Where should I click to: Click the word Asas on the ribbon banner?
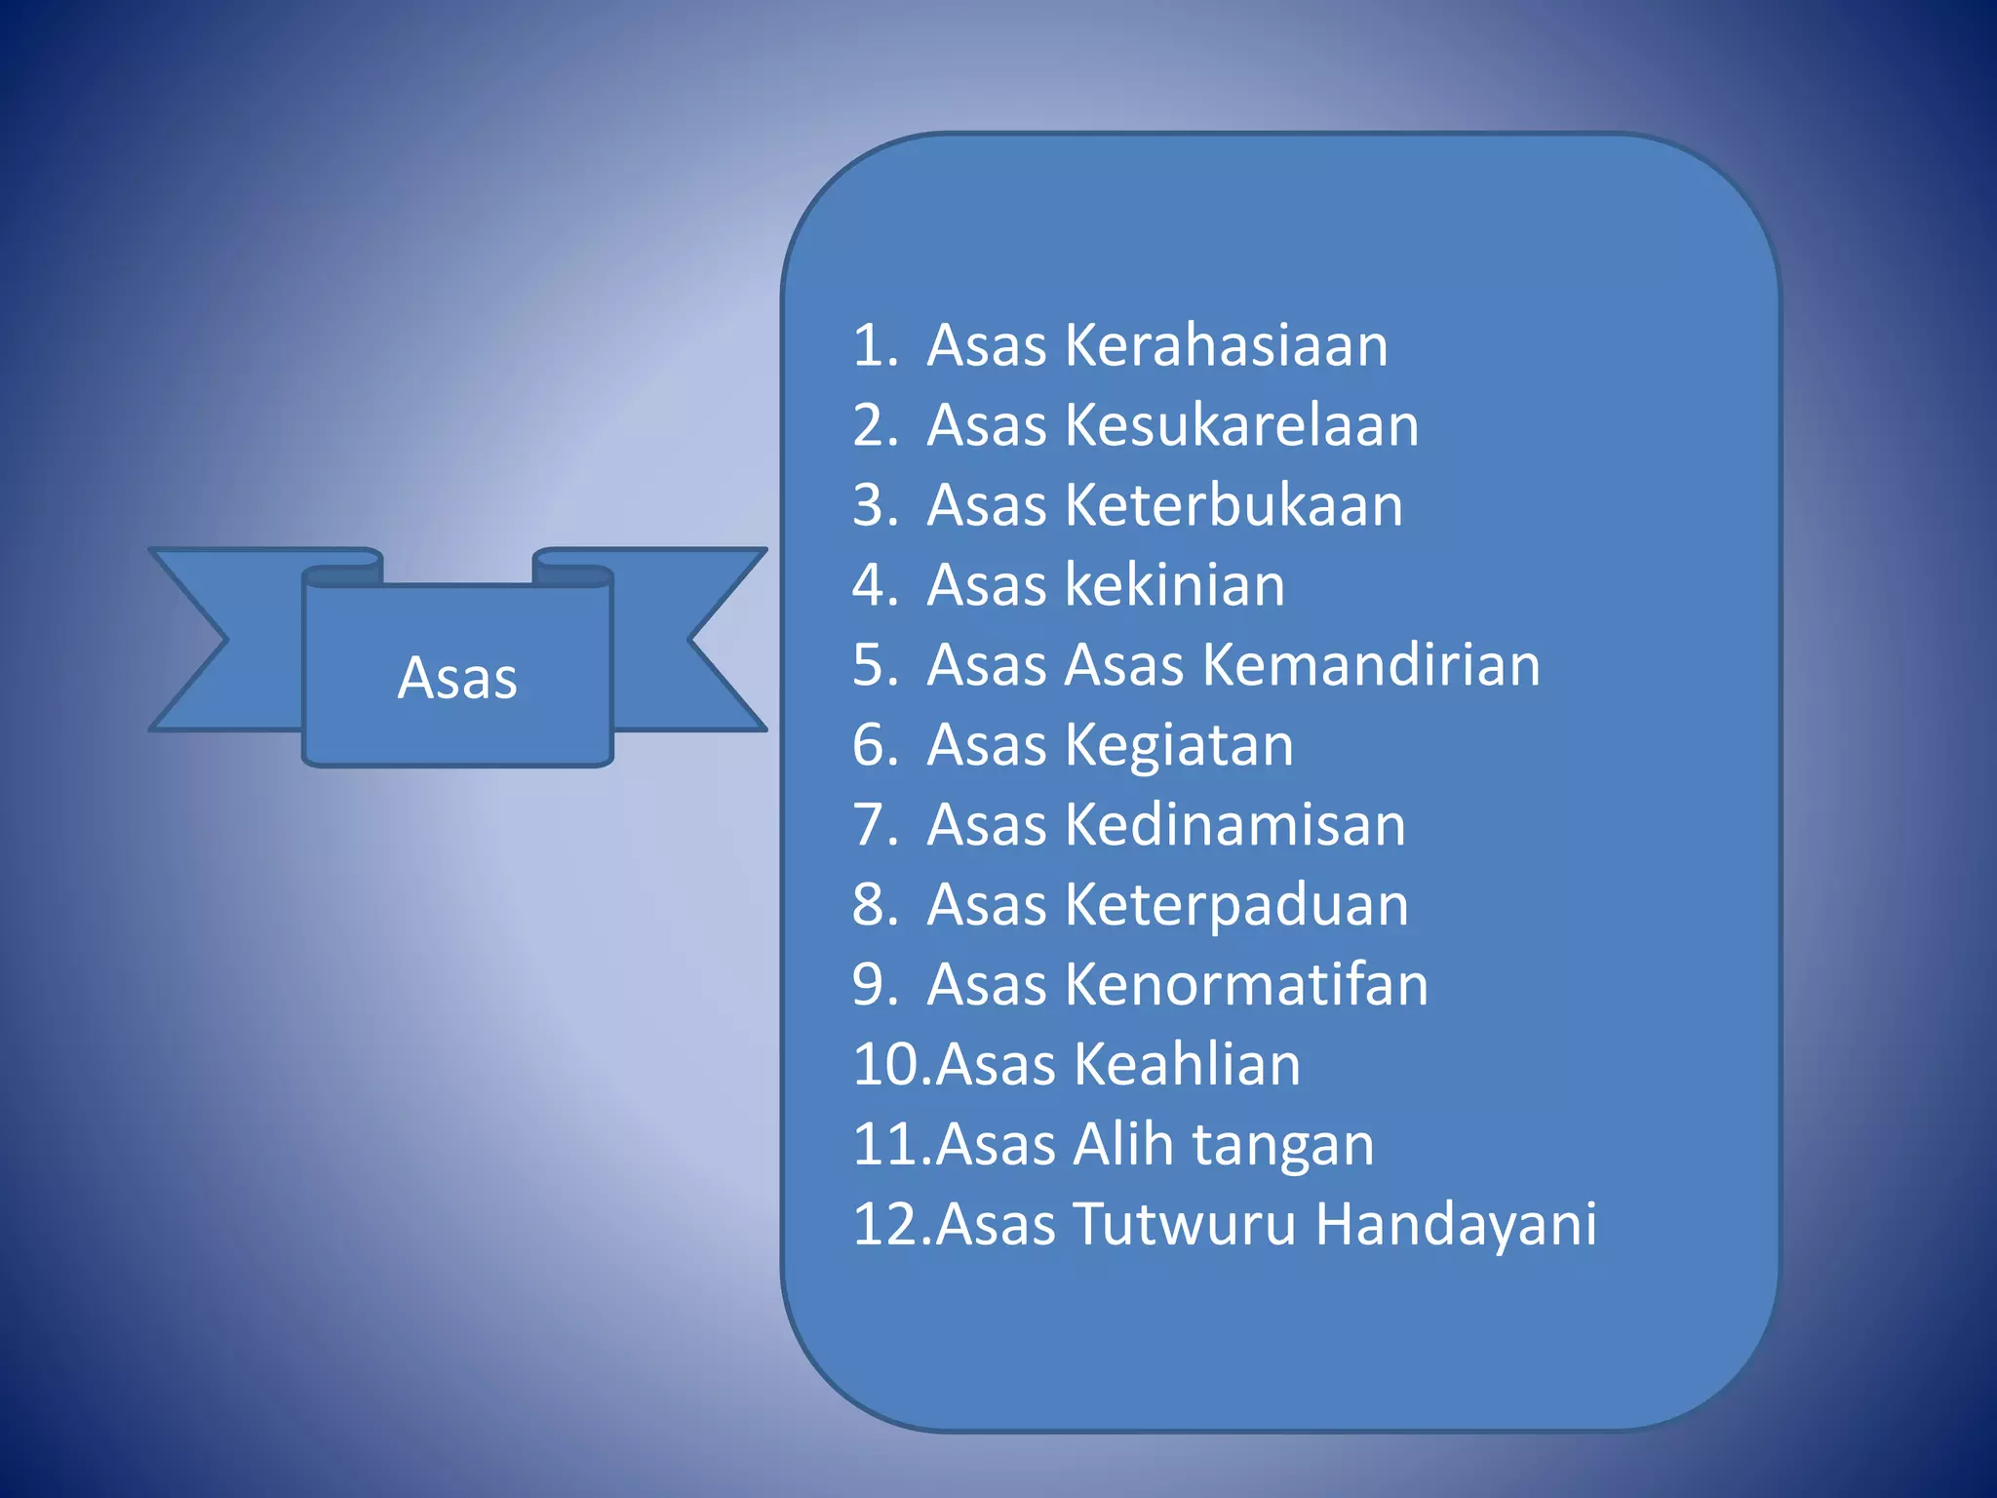point(457,678)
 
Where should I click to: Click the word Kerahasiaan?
point(1226,345)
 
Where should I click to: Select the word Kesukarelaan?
point(1241,425)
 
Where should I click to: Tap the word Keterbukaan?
point(1233,505)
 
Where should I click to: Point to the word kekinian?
point(1175,585)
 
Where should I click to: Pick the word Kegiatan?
point(1179,746)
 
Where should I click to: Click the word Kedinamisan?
point(1234,825)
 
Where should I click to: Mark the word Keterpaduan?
point(1236,905)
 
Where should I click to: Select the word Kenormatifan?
point(1246,984)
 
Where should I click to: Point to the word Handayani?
point(1456,1224)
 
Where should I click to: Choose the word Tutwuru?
point(1185,1224)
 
